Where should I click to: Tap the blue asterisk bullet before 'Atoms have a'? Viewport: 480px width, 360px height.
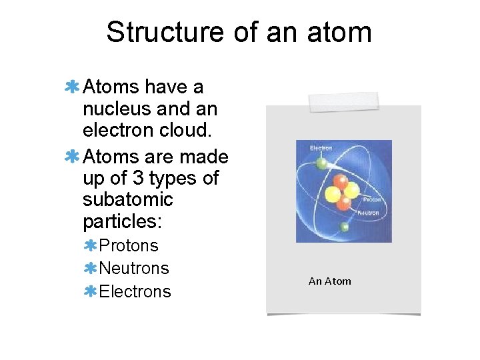pyautogui.click(x=73, y=87)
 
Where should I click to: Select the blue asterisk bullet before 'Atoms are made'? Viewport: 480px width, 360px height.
pyautogui.click(x=73, y=157)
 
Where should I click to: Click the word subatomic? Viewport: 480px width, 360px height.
pyautogui.click(x=128, y=200)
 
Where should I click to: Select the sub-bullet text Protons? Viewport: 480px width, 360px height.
pyautogui.click(x=129, y=246)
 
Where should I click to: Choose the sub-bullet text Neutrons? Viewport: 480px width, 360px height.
pyautogui.click(x=134, y=269)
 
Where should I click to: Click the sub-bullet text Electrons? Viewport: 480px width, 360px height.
pyautogui.click(x=135, y=291)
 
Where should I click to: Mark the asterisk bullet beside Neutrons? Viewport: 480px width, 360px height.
pyautogui.click(x=91, y=269)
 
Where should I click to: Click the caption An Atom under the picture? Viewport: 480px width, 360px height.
pyautogui.click(x=329, y=281)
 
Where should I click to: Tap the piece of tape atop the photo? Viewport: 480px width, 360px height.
pyautogui.click(x=343, y=102)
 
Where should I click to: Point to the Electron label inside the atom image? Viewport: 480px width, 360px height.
pyautogui.click(x=321, y=148)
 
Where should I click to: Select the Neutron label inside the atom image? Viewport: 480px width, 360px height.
pyautogui.click(x=368, y=213)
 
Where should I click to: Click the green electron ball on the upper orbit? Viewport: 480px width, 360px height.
pyautogui.click(x=321, y=163)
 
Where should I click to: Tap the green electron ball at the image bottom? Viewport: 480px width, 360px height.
pyautogui.click(x=344, y=227)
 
